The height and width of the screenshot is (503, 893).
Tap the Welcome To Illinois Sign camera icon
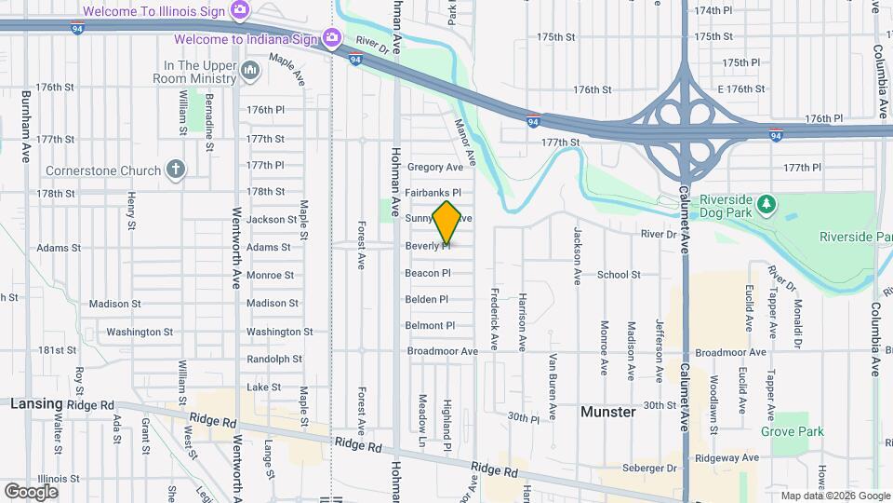pyautogui.click(x=240, y=11)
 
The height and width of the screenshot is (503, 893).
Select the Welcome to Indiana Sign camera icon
pyautogui.click(x=331, y=38)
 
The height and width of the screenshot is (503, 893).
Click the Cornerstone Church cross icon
pyautogui.click(x=175, y=169)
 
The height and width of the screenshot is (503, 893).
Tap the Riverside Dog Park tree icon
pyautogui.click(x=766, y=202)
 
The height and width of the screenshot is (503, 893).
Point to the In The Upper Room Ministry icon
pyautogui.click(x=249, y=71)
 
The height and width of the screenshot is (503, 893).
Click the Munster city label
pyautogui.click(x=607, y=411)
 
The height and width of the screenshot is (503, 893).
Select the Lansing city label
pyautogui.click(x=36, y=404)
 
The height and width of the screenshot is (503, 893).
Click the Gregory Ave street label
pyautogui.click(x=434, y=168)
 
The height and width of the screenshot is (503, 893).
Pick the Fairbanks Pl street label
pyautogui.click(x=433, y=191)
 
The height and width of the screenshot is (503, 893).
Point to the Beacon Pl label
pyautogui.click(x=428, y=274)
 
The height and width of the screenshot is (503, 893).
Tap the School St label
pyautogui.click(x=619, y=275)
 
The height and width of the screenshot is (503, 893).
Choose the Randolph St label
pyautogui.click(x=274, y=359)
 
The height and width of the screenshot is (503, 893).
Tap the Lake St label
pyautogui.click(x=263, y=387)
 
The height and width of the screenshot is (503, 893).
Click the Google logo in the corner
pyautogui.click(x=31, y=491)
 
